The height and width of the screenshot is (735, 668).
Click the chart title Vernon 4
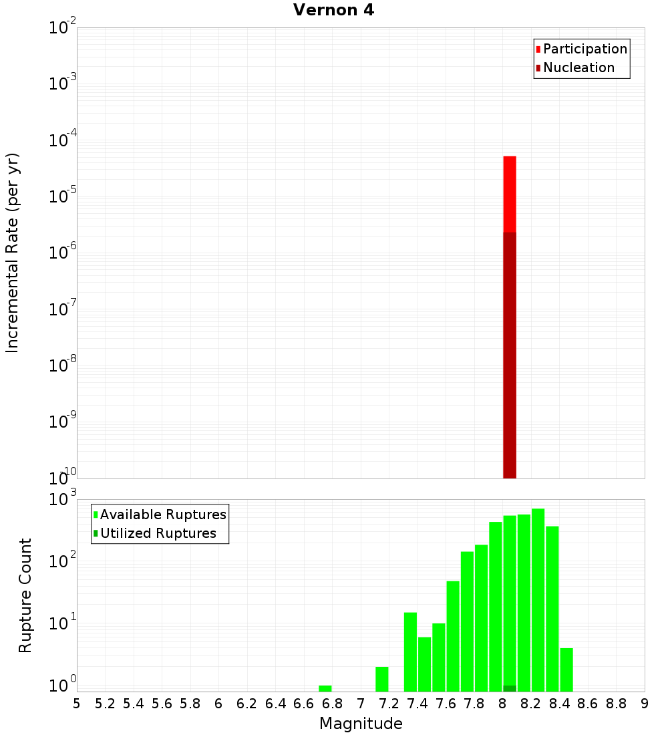(334, 10)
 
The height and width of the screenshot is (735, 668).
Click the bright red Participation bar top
(510, 159)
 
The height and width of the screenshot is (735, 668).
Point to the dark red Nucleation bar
(510, 354)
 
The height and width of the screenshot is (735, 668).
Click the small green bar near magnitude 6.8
(325, 688)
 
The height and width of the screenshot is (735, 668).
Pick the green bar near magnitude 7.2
(382, 679)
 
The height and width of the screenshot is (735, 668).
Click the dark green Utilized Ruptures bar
(510, 688)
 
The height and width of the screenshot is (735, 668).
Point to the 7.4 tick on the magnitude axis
(417, 704)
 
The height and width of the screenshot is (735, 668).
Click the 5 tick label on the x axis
(77, 704)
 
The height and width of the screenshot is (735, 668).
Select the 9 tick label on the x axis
(645, 704)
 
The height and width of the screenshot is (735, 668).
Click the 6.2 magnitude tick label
(247, 704)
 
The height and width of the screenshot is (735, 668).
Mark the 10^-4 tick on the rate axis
(63, 141)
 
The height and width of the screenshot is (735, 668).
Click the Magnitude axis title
(361, 724)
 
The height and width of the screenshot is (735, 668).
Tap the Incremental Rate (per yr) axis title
(13, 253)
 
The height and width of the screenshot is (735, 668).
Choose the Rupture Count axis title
(25, 595)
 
